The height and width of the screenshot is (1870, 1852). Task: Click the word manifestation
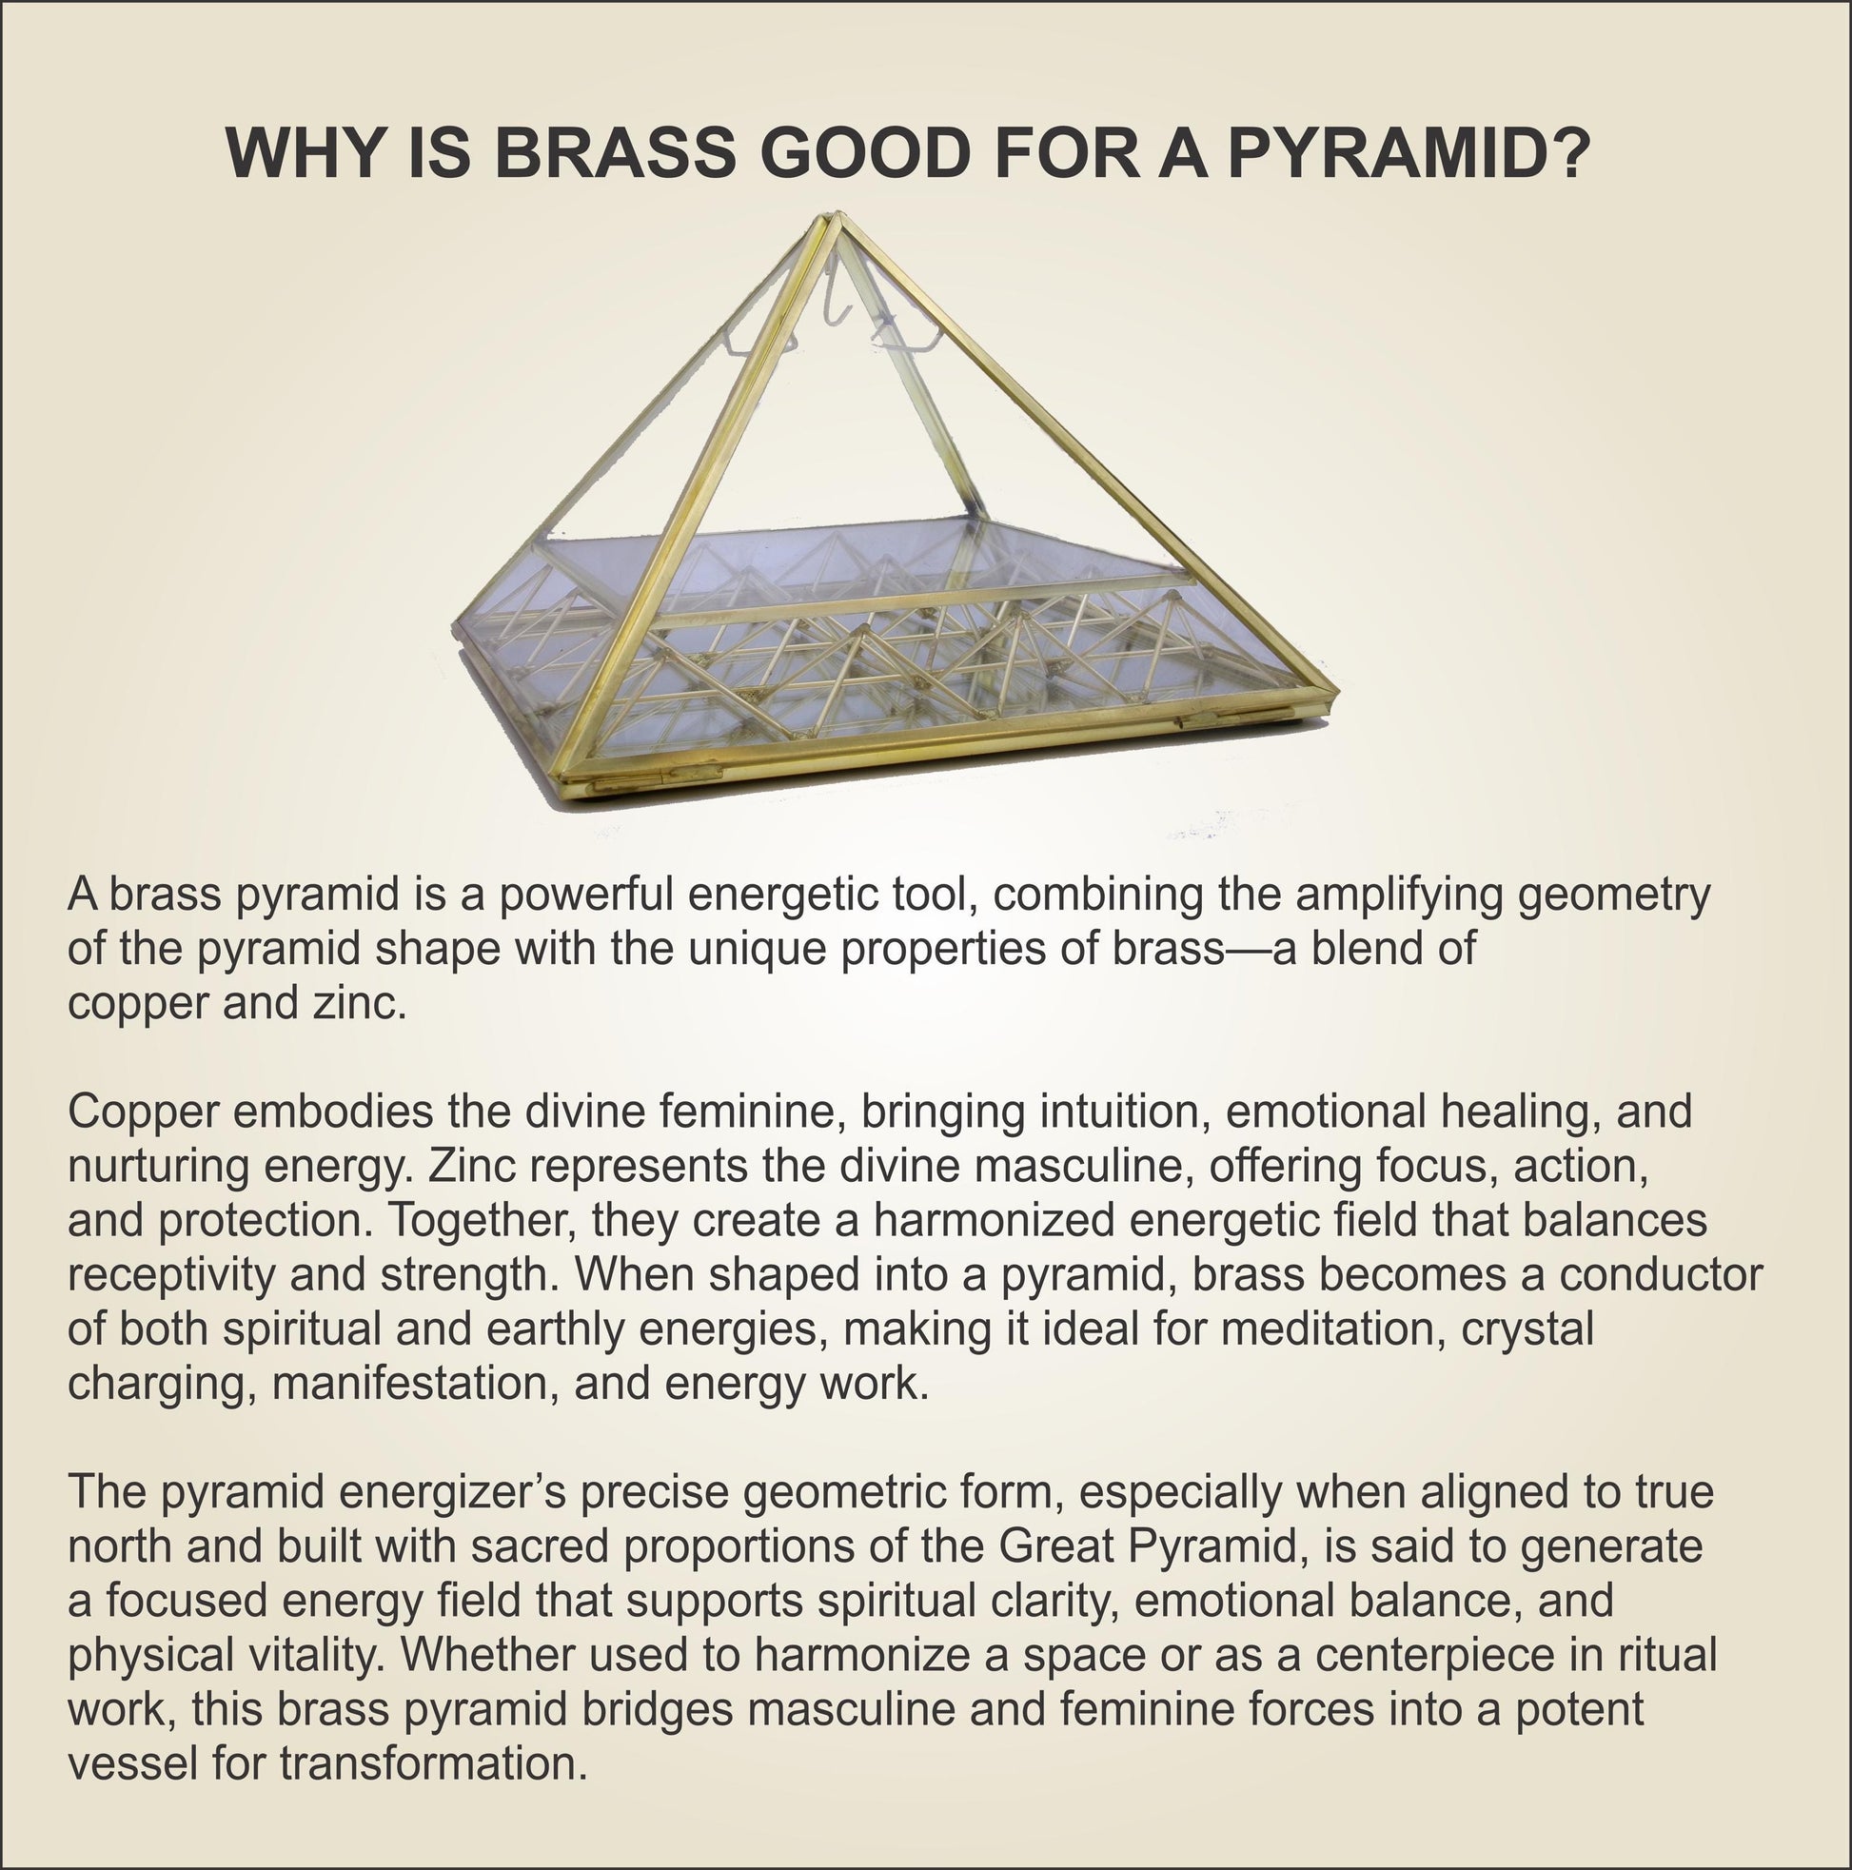point(416,1384)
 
